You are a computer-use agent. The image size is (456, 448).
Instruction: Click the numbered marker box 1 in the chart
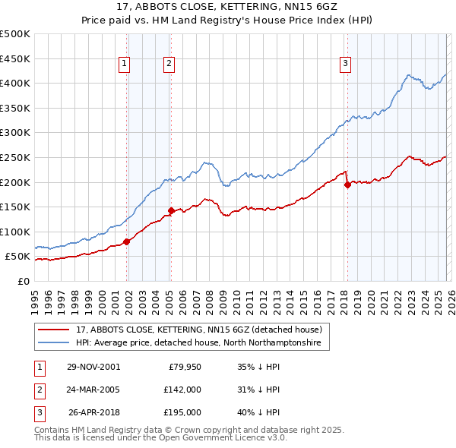pos(124,65)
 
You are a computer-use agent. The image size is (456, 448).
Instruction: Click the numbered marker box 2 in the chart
pos(169,65)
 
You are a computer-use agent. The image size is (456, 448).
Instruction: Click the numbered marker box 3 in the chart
pos(345,65)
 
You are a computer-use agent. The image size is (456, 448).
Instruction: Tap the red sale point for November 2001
pos(127,241)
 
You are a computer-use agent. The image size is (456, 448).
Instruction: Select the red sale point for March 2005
pos(171,210)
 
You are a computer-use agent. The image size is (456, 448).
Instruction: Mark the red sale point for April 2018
pos(347,184)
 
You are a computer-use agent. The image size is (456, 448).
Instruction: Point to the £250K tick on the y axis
pos(15,157)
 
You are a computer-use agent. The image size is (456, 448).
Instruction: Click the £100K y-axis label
pos(15,232)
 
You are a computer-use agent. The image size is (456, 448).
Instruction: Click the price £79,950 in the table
pos(182,366)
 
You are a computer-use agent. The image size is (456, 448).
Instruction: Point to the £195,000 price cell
pos(182,413)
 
